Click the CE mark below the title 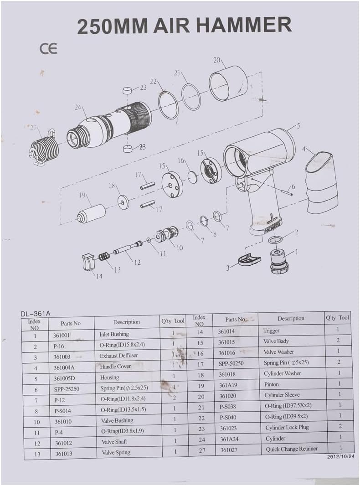point(49,49)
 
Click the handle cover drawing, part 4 point(322,183)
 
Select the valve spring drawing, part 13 point(105,256)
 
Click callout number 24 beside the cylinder point(78,107)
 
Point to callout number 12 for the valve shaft point(137,263)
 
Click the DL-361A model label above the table point(36,314)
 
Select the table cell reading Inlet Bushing point(114,334)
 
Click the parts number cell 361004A point(64,368)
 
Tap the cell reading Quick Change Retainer point(292,449)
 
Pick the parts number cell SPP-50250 point(231,363)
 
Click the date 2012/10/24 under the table point(341,456)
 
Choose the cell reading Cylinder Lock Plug point(287,428)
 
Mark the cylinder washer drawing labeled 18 point(123,202)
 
